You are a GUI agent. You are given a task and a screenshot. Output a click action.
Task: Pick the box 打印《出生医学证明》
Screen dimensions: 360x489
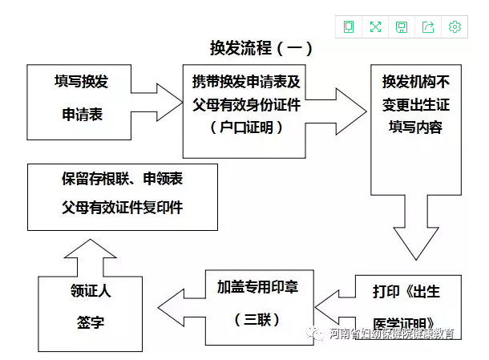point(408,303)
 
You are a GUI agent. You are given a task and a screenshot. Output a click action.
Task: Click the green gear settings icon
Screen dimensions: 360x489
point(455,27)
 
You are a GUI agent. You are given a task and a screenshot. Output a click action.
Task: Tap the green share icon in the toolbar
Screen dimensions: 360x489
point(428,27)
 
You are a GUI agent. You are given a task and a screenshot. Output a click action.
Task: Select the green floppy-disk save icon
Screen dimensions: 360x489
point(402,27)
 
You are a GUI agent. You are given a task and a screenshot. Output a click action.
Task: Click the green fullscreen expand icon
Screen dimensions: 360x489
point(375,27)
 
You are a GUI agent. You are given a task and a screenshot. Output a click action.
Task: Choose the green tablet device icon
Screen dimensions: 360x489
point(349,27)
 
